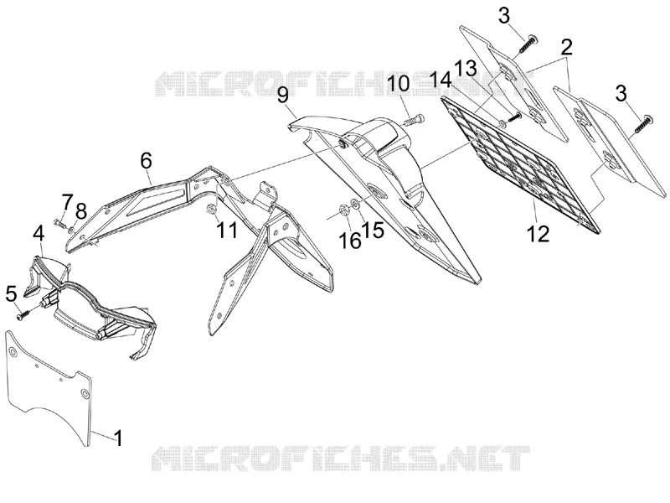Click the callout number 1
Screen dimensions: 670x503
coord(118,438)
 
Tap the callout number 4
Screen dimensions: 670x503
coord(39,235)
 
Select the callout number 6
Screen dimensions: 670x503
coord(146,161)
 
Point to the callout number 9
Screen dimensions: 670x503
coord(283,95)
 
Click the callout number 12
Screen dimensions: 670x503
coord(538,234)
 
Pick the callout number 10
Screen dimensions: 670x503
coord(399,83)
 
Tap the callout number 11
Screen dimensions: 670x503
coord(227,231)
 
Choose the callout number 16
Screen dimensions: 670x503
coord(350,241)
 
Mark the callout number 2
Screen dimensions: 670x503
coord(567,48)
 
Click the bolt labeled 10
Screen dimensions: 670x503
coord(414,119)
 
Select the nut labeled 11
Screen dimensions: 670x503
coord(211,209)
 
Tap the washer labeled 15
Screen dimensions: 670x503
coord(354,203)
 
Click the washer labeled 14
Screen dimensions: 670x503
coord(503,125)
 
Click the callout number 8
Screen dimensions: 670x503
coord(81,212)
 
